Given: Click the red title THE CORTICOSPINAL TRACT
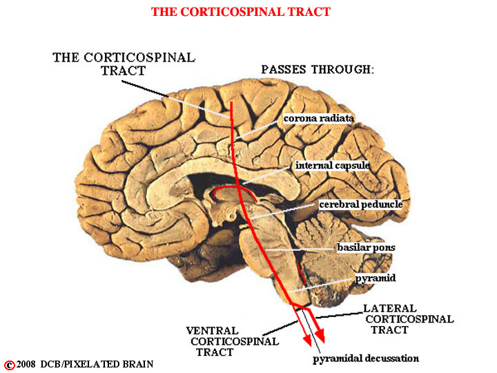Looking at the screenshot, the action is point(241,12).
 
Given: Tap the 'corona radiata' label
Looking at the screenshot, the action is point(318,118).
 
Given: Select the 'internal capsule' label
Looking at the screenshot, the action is point(332,165).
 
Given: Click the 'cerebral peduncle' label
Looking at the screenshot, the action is point(361,204).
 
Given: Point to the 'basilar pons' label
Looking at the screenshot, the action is point(366,247).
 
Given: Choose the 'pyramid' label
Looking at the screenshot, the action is point(376,278).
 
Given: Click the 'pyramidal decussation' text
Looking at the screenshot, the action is point(366,358).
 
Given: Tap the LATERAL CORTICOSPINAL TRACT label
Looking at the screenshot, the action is point(409,319).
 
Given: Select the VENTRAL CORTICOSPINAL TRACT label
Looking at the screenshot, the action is point(233,341).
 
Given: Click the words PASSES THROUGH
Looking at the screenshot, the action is point(318,69).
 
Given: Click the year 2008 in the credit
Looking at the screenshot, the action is point(26,364).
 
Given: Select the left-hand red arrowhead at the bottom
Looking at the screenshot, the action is point(307,340).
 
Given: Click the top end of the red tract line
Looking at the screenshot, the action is point(231,102).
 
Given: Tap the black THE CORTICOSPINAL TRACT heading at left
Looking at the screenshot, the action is point(124,64).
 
